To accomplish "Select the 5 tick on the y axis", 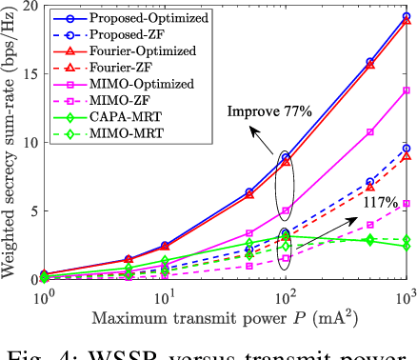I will (x=31, y=210).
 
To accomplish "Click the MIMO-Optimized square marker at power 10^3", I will (x=407, y=90).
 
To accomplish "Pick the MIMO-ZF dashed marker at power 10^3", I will (x=407, y=203).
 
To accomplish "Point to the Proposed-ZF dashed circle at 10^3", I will (x=407, y=148).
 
